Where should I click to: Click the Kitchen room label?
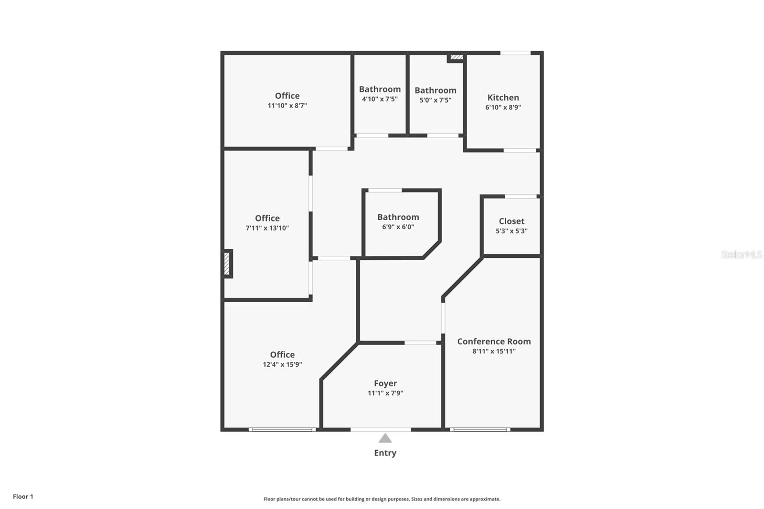[503, 97]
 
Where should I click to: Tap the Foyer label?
[385, 383]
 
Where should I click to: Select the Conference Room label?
[494, 341]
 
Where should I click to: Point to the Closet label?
[511, 221]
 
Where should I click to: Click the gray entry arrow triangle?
[385, 438]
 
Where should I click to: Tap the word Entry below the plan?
[385, 453]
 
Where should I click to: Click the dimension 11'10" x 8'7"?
[287, 106]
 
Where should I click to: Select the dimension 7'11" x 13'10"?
[267, 228]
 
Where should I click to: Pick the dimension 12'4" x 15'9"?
[282, 364]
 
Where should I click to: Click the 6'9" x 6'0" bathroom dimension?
[398, 227]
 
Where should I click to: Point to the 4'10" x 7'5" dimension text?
[380, 99]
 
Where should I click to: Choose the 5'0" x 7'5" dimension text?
[435, 100]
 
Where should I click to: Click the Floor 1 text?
[23, 497]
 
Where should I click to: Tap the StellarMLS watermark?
[742, 254]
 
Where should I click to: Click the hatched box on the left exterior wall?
[227, 264]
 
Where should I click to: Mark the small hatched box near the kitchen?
[456, 57]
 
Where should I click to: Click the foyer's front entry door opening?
[381, 430]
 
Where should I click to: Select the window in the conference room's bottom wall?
[480, 430]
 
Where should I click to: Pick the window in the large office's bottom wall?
[282, 430]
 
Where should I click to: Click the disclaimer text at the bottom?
[382, 499]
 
